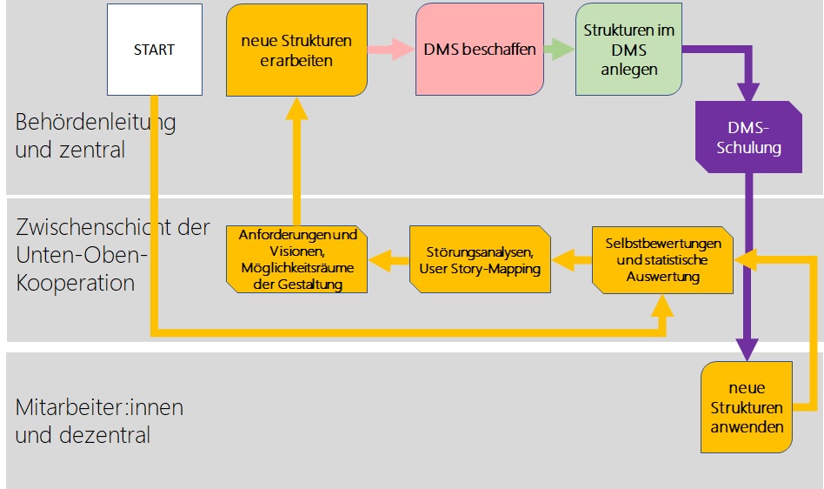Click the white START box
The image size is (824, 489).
click(155, 50)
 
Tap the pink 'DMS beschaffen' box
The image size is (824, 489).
click(480, 50)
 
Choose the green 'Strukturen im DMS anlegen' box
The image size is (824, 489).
click(628, 50)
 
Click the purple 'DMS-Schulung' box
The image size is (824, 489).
click(748, 138)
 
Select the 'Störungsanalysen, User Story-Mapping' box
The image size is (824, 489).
click(480, 259)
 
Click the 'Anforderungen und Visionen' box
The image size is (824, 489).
click(297, 259)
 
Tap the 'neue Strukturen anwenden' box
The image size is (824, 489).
click(747, 406)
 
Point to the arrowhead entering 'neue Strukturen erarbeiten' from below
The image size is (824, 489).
click(297, 107)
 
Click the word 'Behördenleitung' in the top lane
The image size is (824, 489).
click(96, 123)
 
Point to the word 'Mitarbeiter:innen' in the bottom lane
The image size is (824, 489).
click(99, 407)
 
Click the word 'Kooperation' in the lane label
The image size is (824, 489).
click(75, 283)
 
